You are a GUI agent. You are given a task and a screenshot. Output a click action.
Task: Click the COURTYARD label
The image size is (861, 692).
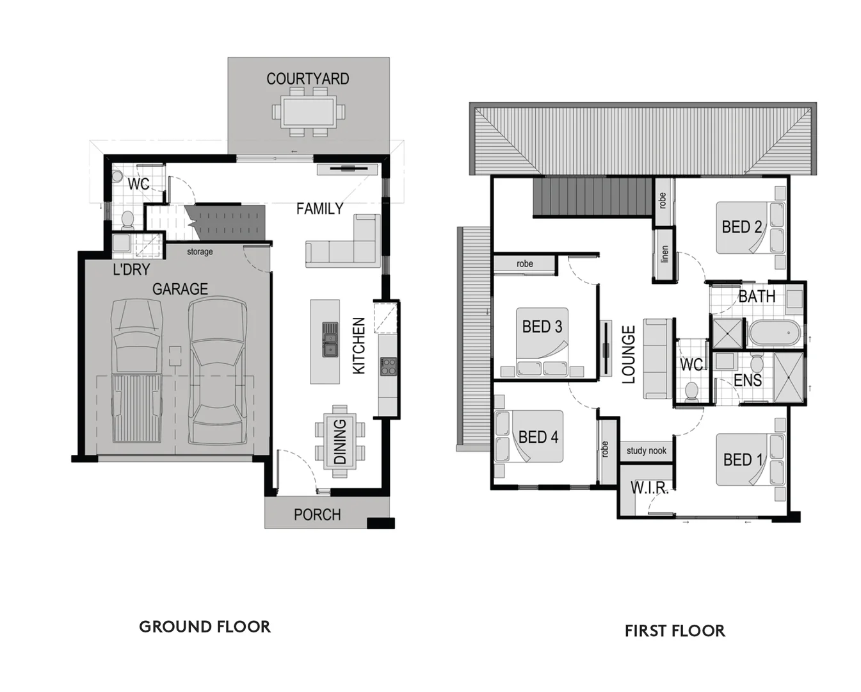(307, 79)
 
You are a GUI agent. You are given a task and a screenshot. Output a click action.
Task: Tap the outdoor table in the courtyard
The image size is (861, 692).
(308, 112)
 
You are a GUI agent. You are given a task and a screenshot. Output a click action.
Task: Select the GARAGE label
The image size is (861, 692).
(180, 289)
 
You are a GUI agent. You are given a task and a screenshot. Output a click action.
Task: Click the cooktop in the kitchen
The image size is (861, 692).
(388, 367)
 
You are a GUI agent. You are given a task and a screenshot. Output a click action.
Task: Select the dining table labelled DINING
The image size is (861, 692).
(340, 441)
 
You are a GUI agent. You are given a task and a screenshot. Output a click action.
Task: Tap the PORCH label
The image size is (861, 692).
(317, 515)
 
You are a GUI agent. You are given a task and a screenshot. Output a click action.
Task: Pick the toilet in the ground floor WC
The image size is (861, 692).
(127, 220)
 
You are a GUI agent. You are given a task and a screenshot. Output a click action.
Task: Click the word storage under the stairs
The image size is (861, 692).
(200, 252)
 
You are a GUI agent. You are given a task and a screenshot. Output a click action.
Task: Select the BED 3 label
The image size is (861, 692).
(542, 326)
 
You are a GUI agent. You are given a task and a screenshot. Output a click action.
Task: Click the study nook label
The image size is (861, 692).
(646, 450)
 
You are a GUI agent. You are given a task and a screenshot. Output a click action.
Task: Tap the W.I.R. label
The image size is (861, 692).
(649, 488)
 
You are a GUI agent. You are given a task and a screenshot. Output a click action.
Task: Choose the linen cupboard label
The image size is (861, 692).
(664, 254)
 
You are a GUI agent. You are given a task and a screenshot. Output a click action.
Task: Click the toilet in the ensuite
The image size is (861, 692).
(756, 365)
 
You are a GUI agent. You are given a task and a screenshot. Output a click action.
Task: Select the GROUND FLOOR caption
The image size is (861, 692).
(205, 627)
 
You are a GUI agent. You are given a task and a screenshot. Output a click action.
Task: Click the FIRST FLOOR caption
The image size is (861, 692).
(675, 631)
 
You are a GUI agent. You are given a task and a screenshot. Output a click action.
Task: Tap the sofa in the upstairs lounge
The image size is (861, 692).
(656, 359)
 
